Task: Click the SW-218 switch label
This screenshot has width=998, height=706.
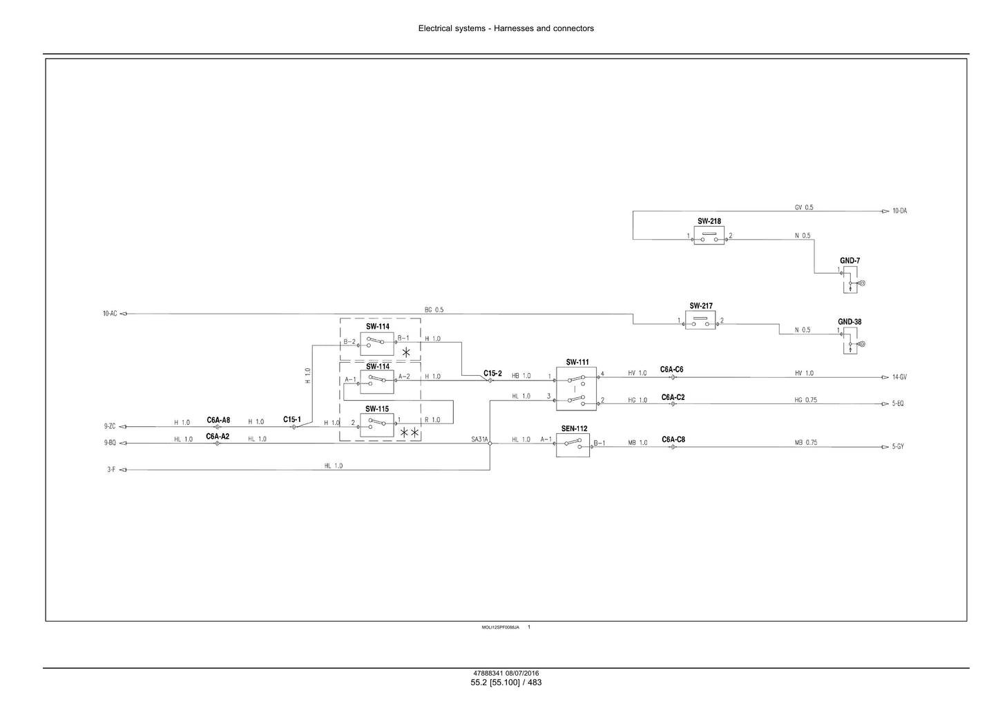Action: point(709,221)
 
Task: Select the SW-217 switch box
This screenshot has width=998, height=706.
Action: point(700,320)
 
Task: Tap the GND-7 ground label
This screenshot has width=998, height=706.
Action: point(850,260)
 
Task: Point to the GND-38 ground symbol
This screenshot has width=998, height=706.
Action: point(850,341)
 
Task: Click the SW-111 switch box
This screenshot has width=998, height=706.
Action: point(576,389)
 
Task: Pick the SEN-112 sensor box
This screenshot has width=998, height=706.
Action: point(573,445)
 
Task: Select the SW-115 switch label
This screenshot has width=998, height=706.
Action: point(377,409)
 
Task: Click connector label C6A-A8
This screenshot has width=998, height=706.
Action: point(218,420)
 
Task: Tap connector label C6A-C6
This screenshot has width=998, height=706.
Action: point(671,370)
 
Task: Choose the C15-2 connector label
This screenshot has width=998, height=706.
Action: point(492,373)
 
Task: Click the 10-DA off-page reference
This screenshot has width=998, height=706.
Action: point(899,211)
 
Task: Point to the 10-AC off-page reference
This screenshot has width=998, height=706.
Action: point(110,314)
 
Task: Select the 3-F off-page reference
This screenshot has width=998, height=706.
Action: point(111,469)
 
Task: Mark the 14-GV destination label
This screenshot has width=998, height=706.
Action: point(899,377)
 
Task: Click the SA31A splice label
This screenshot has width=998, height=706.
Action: point(479,439)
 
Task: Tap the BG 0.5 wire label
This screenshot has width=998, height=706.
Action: point(434,309)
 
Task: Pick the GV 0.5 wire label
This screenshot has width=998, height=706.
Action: point(804,207)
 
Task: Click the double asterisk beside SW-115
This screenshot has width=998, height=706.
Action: point(410,432)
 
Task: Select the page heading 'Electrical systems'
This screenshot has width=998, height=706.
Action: point(452,28)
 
